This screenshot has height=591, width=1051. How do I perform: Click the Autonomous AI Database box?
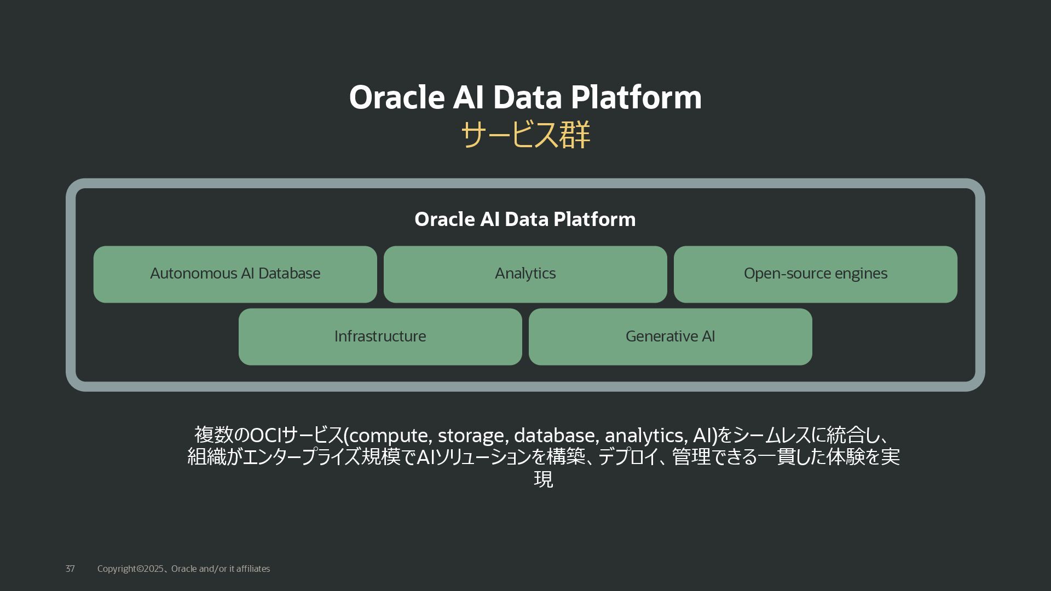pyautogui.click(x=235, y=274)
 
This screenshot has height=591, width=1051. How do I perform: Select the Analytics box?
pyautogui.click(x=525, y=274)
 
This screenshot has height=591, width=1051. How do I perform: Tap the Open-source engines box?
pyautogui.click(x=815, y=274)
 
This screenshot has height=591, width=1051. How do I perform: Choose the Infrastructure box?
pyautogui.click(x=380, y=337)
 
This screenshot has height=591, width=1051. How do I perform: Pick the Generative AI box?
pyautogui.click(x=670, y=337)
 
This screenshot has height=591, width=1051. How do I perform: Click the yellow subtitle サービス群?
pyautogui.click(x=525, y=135)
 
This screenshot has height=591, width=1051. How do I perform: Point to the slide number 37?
pyautogui.click(x=70, y=569)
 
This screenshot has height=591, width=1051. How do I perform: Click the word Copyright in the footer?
pyautogui.click(x=117, y=569)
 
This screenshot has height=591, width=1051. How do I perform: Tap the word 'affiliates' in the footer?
pyautogui.click(x=253, y=569)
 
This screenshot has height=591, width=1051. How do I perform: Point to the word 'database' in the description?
pyautogui.click(x=556, y=436)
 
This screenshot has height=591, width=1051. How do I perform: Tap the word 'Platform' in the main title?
pyautogui.click(x=636, y=97)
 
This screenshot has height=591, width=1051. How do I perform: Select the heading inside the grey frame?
pyautogui.click(x=525, y=219)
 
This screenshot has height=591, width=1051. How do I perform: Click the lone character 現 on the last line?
pyautogui.click(x=543, y=479)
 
